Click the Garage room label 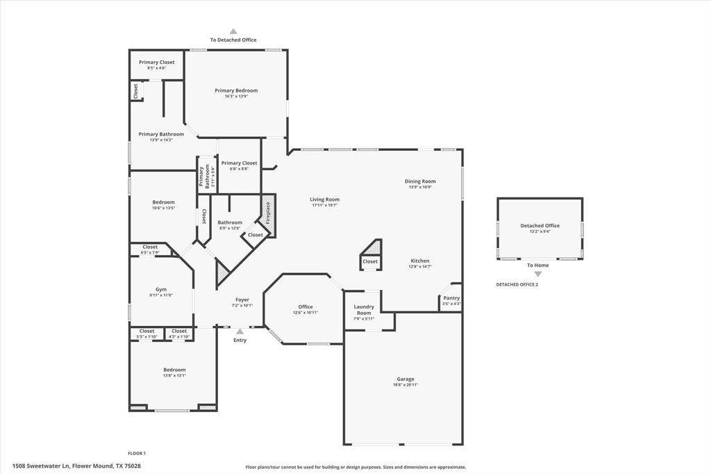[405, 379]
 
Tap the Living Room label [324, 199]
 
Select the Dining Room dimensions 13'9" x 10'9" [420, 187]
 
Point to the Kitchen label [419, 261]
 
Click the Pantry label [451, 297]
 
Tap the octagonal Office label [306, 307]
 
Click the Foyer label [242, 300]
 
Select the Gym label [160, 289]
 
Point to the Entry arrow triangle [240, 332]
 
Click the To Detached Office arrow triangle [233, 31]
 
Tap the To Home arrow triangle [537, 274]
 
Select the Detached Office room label [539, 225]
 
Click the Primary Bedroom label [236, 90]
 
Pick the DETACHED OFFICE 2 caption [517, 284]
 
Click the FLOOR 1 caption [137, 453]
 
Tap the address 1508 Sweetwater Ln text [76, 466]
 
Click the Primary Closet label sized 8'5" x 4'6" [156, 62]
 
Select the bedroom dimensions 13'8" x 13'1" [174, 375]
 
